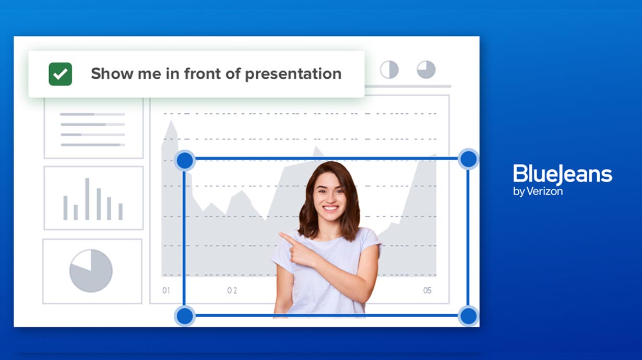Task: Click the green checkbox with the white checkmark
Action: click(x=60, y=74)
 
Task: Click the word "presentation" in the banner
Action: click(x=293, y=75)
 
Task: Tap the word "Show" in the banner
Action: click(x=112, y=74)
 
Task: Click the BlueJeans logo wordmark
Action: click(x=563, y=174)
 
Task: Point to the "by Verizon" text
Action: click(x=538, y=191)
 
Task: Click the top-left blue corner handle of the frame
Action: click(x=185, y=160)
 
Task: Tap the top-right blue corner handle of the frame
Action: click(x=468, y=159)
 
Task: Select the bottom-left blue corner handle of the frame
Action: click(x=185, y=316)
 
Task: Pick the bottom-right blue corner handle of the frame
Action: click(x=468, y=316)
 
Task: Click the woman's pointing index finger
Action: click(x=287, y=237)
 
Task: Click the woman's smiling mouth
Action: click(x=330, y=208)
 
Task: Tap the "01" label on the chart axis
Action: click(x=166, y=291)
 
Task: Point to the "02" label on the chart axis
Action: click(x=232, y=291)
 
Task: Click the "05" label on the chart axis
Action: click(x=427, y=291)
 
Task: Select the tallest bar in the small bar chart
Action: click(x=87, y=199)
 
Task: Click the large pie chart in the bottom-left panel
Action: click(x=91, y=271)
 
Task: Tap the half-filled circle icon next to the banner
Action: click(x=389, y=69)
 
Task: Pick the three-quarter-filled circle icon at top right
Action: click(x=426, y=69)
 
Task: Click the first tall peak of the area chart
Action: click(x=171, y=121)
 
